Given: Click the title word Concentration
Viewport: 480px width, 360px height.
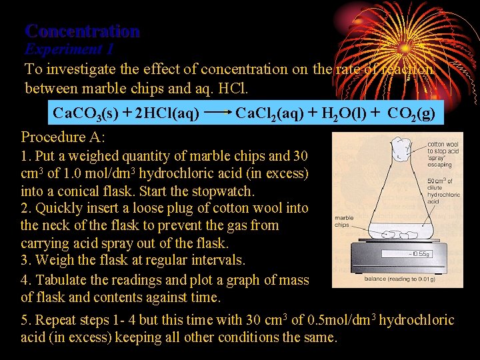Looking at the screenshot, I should [x=82, y=31].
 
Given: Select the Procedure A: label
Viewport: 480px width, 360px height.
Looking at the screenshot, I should [x=63, y=137].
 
